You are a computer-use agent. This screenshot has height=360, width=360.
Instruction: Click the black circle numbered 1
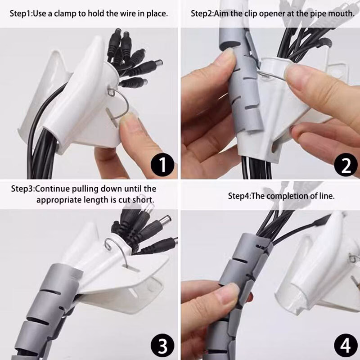tap(162, 165)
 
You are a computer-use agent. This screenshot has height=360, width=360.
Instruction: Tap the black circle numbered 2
tap(346, 165)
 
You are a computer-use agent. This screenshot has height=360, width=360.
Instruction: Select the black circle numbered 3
tap(162, 346)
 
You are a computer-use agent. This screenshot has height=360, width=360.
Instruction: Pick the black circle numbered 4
tap(346, 346)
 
